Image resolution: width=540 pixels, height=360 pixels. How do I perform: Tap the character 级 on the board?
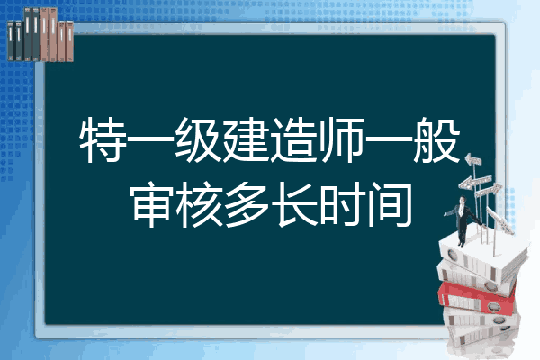[x=197, y=139]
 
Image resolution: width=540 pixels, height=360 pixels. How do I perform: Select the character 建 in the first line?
[x=245, y=139]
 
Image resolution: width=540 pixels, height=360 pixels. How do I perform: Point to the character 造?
[x=293, y=139]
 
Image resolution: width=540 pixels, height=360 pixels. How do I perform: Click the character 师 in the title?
[x=341, y=139]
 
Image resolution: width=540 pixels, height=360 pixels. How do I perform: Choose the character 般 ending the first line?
[x=436, y=139]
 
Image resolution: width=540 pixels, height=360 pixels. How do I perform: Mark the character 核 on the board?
[x=199, y=205]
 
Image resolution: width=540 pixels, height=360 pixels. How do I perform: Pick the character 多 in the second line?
[x=247, y=205]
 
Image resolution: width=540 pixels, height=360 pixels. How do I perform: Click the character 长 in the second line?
[x=294, y=205]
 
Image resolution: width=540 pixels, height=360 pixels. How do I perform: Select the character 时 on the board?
[x=342, y=205]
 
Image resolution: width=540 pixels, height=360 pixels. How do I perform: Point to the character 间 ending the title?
[x=390, y=205]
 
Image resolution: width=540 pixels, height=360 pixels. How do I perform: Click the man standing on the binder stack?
[x=463, y=220]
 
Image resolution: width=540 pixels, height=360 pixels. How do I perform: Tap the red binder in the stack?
[x=476, y=297]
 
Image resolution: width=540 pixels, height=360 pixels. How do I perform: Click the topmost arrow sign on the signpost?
[x=472, y=160]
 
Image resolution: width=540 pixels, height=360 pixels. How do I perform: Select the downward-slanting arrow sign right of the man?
[x=500, y=220]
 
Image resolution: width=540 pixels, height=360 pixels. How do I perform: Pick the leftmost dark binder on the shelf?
[x=11, y=41]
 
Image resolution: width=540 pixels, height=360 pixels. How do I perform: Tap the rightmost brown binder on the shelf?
[x=69, y=41]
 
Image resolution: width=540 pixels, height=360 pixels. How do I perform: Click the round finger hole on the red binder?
[x=493, y=305]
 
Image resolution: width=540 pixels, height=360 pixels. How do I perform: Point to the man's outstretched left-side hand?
[x=446, y=214]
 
